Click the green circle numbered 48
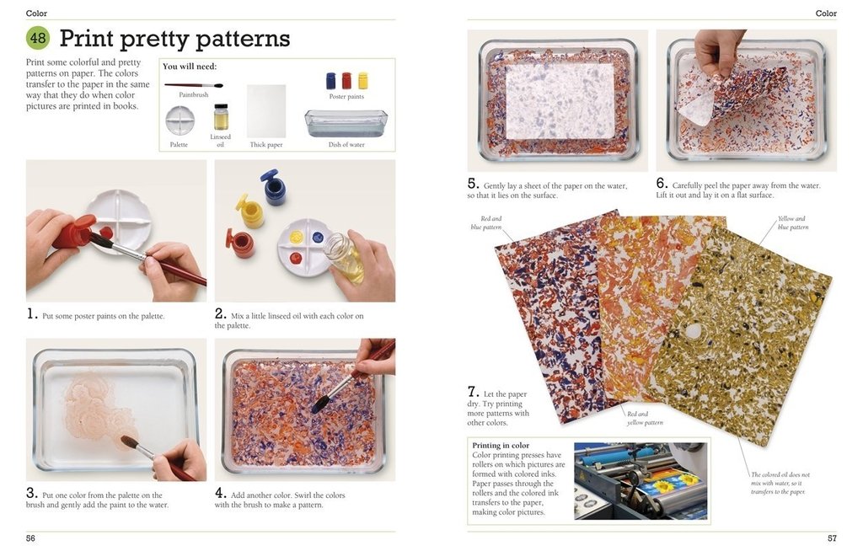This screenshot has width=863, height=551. coord(38,38)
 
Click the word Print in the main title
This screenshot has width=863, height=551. coord(87,39)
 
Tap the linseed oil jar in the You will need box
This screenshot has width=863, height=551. coord(221,117)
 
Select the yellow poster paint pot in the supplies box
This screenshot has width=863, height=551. coord(363,81)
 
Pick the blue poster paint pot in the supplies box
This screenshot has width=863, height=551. coord(331,81)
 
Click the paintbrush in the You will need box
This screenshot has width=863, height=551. coord(193,85)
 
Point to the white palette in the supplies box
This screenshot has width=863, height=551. coord(180,120)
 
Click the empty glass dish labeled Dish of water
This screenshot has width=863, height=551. coord(346,123)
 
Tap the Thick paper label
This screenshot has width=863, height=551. coord(265,145)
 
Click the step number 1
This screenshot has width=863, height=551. coord(31,314)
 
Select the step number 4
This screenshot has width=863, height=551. coord(220,493)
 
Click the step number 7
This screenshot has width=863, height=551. coord(473,392)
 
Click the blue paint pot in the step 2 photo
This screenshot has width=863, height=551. coord(273,187)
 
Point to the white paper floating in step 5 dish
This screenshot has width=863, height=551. coord(559,101)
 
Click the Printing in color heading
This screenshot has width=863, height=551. coord(501,446)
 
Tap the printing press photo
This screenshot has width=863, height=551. coord(641,480)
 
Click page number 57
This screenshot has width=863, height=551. coord(831,538)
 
